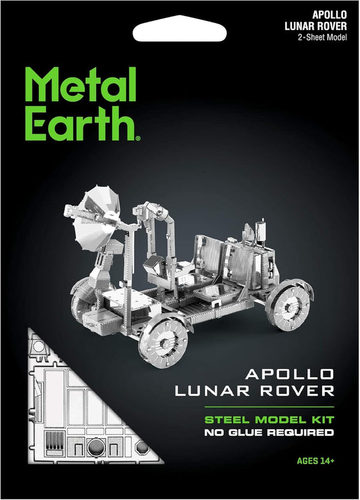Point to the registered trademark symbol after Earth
(138, 138)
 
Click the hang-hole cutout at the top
(180, 27)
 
